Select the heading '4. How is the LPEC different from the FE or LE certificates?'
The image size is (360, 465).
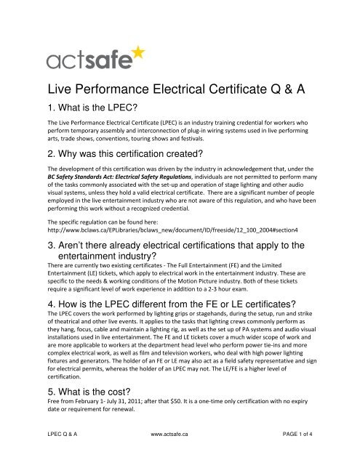pyautogui.click(x=171, y=304)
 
